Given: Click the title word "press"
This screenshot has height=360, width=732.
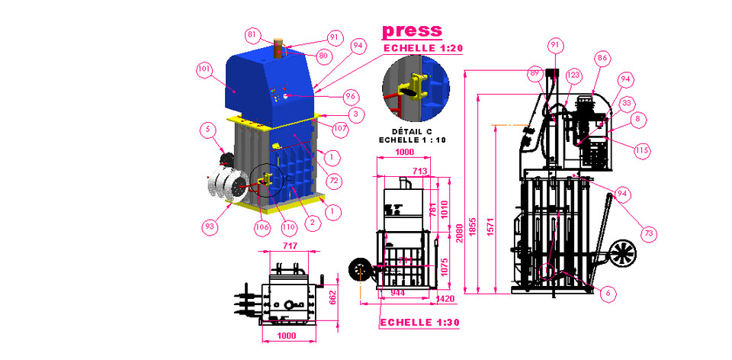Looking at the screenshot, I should (412, 31).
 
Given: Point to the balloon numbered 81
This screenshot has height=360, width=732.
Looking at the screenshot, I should (252, 34).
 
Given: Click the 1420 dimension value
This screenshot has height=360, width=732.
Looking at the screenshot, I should (448, 299).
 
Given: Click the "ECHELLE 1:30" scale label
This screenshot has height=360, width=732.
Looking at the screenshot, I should (419, 323).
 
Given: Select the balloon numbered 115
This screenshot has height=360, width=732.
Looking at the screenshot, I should (642, 151).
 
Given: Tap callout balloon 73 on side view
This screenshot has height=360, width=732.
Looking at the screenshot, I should (648, 233).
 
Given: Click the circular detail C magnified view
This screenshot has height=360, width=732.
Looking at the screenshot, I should (416, 91).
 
